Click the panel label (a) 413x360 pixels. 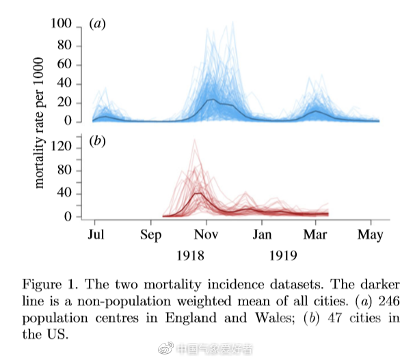pos(97,25)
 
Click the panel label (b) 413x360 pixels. pos(97,142)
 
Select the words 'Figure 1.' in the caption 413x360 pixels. pos(48,284)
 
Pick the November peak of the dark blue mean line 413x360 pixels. pos(211,100)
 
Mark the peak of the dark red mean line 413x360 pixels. pos(198,193)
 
